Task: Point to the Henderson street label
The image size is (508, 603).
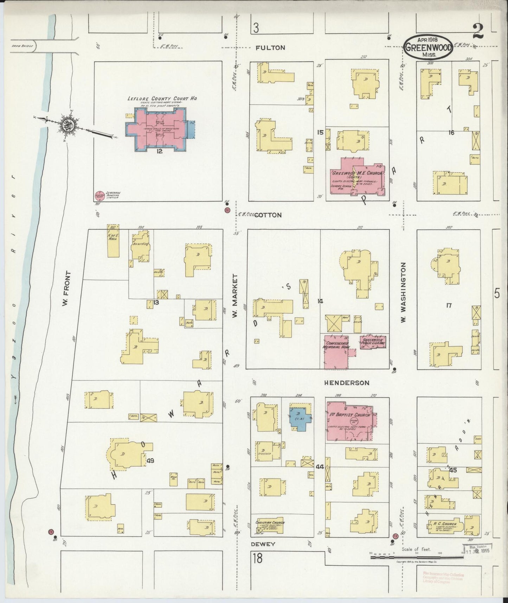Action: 346,383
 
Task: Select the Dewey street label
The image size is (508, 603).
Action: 263,544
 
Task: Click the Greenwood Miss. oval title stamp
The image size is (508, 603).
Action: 428,46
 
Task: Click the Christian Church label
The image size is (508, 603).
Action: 270,525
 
